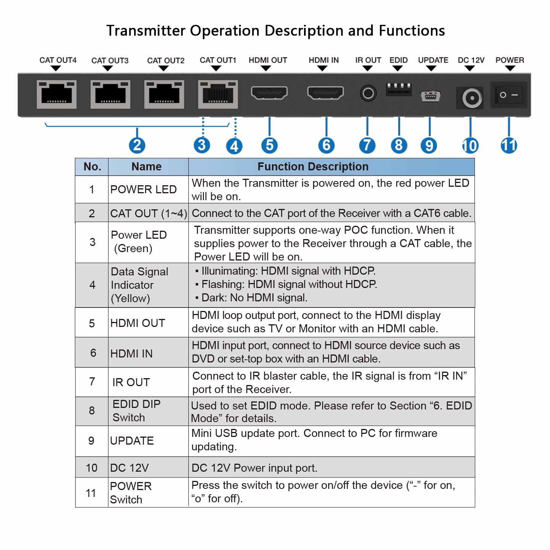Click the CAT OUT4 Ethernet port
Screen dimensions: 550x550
click(57, 94)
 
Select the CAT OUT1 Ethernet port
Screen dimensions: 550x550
click(218, 94)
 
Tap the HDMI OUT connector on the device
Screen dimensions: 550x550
click(269, 93)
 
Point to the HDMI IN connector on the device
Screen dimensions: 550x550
click(325, 93)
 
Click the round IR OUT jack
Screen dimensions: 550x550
click(368, 93)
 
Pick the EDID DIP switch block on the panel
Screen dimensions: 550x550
click(398, 89)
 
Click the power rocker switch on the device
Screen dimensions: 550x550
click(509, 95)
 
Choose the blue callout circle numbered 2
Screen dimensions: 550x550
click(137, 145)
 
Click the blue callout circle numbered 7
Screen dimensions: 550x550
click(367, 145)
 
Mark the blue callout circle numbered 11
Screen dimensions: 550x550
click(509, 145)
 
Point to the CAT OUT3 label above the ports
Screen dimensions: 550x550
click(110, 60)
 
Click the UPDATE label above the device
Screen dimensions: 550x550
click(433, 60)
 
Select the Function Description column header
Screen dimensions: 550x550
click(313, 167)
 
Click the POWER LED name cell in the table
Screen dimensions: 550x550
click(144, 189)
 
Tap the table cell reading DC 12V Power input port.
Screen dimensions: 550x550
click(254, 468)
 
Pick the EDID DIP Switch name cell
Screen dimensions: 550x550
click(136, 411)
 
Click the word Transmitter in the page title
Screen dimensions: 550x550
click(146, 31)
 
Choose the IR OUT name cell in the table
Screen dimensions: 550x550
click(131, 382)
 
